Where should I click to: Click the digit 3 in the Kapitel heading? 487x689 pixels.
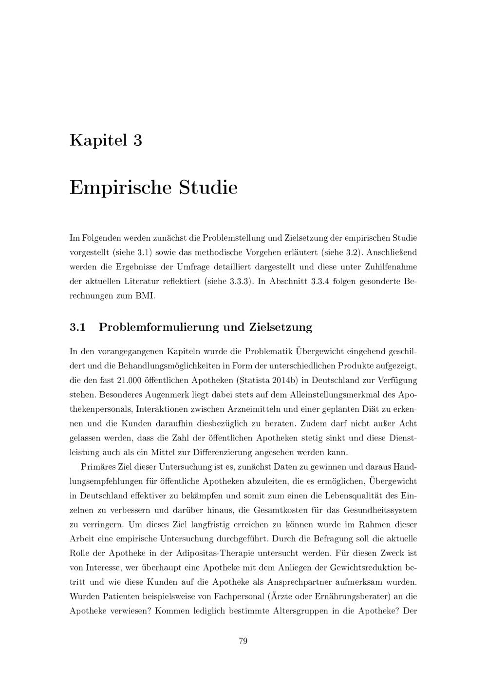tap(137, 140)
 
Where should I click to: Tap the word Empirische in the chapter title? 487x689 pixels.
tap(121, 187)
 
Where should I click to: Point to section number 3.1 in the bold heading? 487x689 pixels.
tap(77, 327)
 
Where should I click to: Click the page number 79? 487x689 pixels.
tap(243, 641)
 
